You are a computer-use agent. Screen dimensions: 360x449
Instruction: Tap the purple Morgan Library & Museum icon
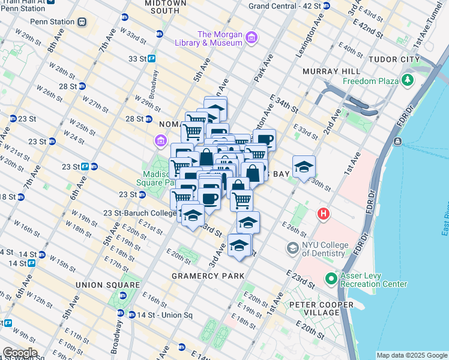[251, 38]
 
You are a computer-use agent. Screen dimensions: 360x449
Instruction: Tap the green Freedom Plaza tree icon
[408, 80]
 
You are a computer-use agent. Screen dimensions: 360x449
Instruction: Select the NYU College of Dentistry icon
[292, 248]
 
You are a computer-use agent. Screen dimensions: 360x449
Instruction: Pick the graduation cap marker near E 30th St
[304, 166]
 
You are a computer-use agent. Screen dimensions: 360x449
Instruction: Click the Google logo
[19, 353]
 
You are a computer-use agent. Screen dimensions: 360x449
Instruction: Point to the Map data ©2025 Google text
[411, 355]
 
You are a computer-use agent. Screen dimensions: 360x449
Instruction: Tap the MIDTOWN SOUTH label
[154, 7]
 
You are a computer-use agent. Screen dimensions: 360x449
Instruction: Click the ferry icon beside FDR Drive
[397, 141]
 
